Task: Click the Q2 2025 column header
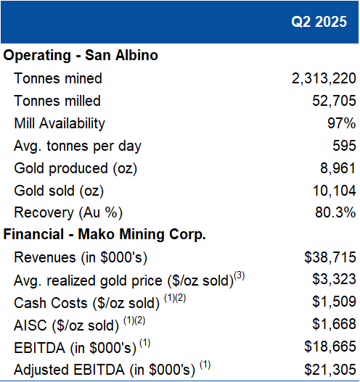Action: (x=319, y=22)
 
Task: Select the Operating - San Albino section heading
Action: (x=81, y=55)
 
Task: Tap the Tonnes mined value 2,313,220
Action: (x=324, y=79)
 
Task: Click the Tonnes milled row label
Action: (x=57, y=101)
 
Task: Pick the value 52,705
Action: (x=334, y=101)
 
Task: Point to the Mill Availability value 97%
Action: (x=341, y=123)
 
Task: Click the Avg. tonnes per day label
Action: (x=78, y=146)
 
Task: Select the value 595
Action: (x=344, y=146)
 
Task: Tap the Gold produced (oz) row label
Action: (x=75, y=169)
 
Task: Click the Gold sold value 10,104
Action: (x=334, y=191)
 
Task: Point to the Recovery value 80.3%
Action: (x=335, y=212)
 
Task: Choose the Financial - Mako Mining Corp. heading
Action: (x=105, y=235)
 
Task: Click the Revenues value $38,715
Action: (x=330, y=257)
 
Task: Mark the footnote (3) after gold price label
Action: (x=239, y=275)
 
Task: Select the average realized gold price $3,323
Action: (x=334, y=279)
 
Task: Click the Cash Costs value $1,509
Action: (x=334, y=302)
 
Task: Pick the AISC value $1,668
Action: (x=334, y=324)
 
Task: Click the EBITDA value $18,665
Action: (x=330, y=346)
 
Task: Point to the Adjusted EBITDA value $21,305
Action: (x=330, y=370)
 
